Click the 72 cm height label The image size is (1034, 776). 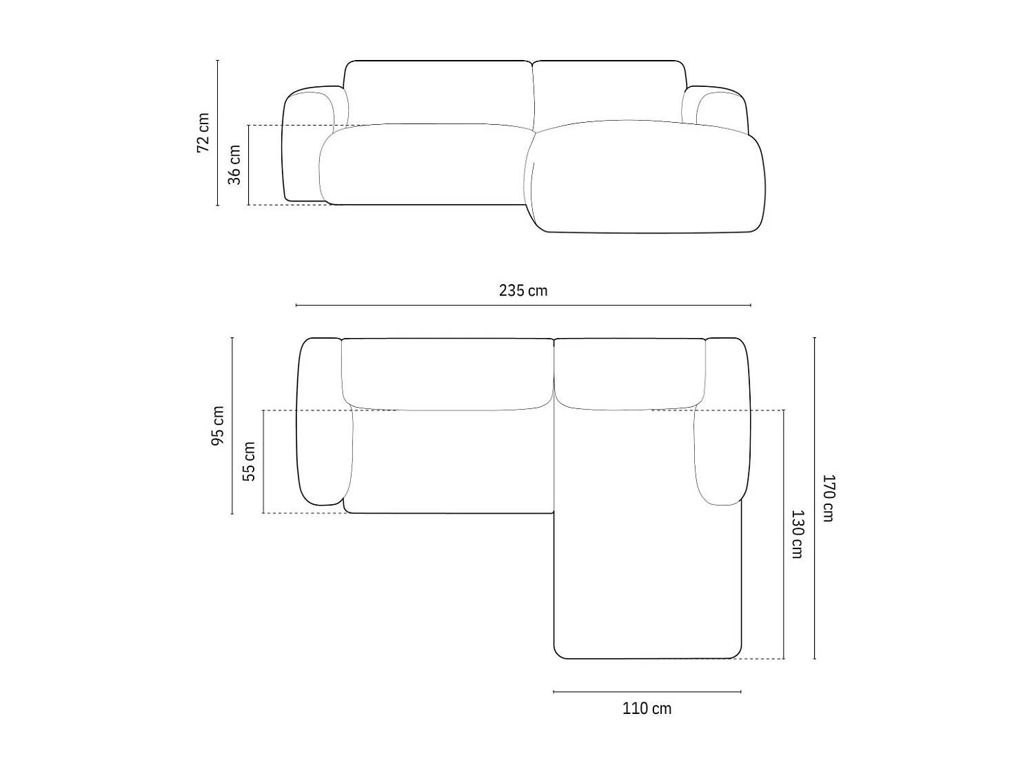[x=203, y=132]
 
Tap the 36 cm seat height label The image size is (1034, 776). [x=235, y=165]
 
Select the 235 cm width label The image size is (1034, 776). [x=523, y=290]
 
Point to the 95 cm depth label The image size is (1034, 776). [x=218, y=426]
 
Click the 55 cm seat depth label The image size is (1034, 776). [x=250, y=461]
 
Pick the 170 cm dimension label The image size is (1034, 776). [x=828, y=498]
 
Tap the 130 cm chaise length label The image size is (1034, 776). [x=797, y=534]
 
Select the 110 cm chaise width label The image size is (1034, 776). [x=647, y=708]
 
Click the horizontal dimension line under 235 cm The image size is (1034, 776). [x=523, y=305]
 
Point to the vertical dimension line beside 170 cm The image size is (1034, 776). [x=814, y=498]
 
